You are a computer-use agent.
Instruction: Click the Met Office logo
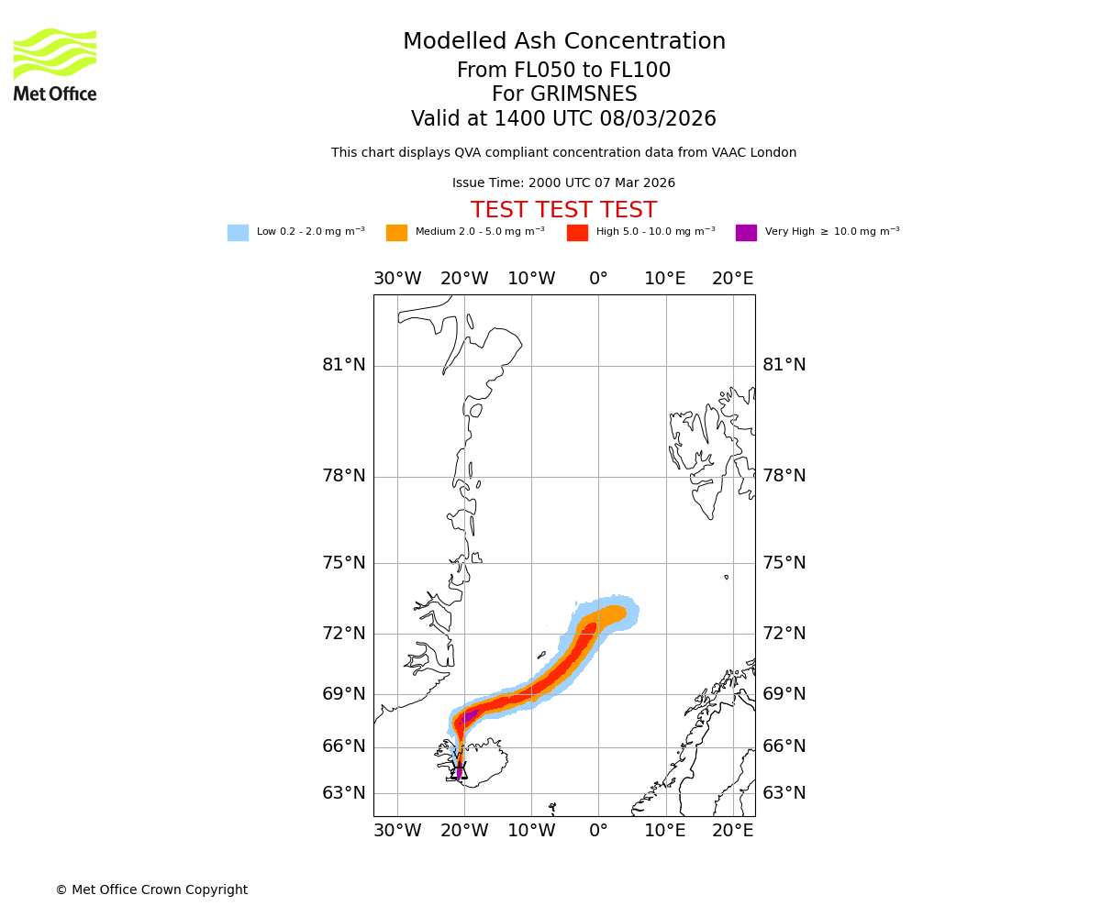pos(55,64)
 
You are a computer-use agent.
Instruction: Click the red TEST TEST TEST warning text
pos(563,210)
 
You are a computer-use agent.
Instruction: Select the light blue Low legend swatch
pos(238,233)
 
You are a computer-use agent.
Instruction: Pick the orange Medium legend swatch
pos(396,233)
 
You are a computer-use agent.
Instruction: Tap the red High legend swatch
pos(577,233)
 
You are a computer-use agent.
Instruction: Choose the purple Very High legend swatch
pos(746,233)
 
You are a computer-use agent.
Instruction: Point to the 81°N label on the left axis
pos(343,365)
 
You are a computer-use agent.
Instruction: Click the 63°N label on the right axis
pos(784,793)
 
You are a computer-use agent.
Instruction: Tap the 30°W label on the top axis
pos(397,279)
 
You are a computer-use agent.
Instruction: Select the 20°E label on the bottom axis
pos(733,831)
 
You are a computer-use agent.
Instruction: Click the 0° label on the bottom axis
pos(598,831)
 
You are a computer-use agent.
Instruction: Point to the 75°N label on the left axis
pos(343,563)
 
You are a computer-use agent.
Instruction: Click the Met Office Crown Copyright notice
pos(151,889)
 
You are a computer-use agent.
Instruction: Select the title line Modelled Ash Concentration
pos(563,41)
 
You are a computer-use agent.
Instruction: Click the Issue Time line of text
pos(563,183)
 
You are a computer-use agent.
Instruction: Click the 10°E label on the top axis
pos(665,279)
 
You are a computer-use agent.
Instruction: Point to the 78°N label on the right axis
pos(784,476)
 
